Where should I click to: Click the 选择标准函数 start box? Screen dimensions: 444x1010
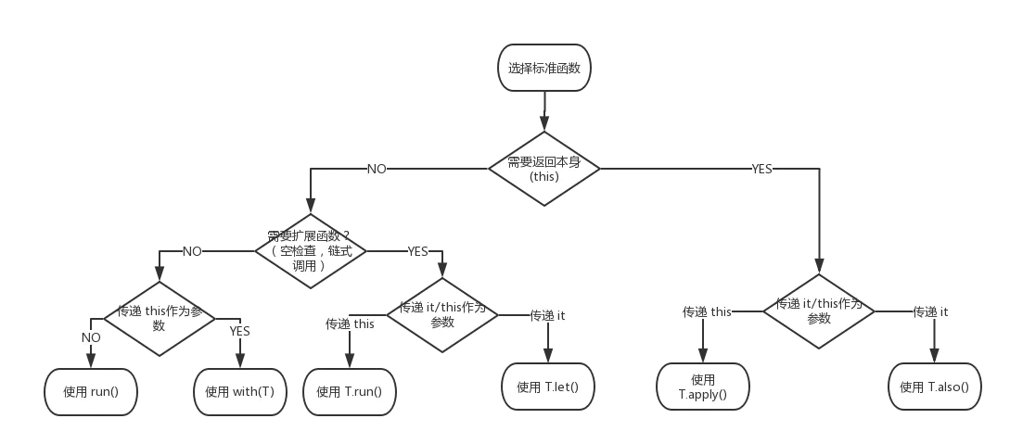pos(544,68)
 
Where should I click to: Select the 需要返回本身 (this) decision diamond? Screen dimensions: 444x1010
pos(543,169)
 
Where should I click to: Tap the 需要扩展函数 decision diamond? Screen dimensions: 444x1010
pos(311,250)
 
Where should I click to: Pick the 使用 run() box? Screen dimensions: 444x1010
pos(91,391)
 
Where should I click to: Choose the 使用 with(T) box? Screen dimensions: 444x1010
pos(239,391)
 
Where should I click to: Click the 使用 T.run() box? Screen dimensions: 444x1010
pos(349,391)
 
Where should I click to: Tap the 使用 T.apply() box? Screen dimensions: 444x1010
pos(703,387)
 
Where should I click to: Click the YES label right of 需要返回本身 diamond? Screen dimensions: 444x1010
pos(761,170)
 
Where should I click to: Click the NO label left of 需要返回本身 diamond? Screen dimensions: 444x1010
pos(377,170)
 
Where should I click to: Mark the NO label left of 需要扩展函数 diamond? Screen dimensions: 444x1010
pos(192,251)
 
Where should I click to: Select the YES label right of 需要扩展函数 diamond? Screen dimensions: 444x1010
pos(418,251)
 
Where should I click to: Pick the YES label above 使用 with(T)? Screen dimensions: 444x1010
pos(240,331)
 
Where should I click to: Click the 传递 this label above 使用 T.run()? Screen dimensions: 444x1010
pos(350,324)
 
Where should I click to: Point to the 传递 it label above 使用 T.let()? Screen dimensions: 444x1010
pos(547,316)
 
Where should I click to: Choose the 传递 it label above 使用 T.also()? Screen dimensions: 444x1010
pos(930,311)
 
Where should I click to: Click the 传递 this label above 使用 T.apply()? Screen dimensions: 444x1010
pos(708,311)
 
